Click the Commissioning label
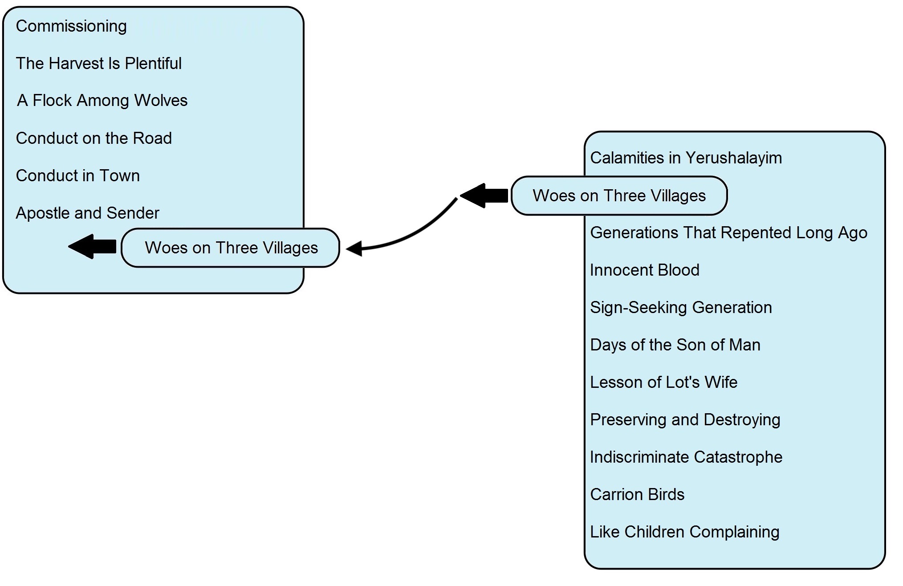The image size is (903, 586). point(71,26)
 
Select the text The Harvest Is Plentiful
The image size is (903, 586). point(99,63)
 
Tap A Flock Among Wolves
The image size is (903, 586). point(102,101)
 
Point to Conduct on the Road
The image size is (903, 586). point(94,138)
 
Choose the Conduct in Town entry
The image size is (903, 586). point(78,175)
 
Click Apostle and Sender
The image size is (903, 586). point(88,213)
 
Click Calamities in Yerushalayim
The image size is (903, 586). point(686,158)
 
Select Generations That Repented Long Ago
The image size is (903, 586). point(729,233)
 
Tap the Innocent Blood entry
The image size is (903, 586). point(645,270)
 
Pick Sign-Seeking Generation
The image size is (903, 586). point(681,308)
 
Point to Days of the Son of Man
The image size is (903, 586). point(675,345)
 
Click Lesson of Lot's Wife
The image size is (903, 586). point(664,382)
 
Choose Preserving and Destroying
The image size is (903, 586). point(685,420)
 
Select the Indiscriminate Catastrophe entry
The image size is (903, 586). point(686,457)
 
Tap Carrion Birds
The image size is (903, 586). point(637,494)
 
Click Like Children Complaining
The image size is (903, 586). point(685,532)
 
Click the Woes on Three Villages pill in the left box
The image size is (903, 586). point(231,248)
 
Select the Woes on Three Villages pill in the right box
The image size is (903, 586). point(619,196)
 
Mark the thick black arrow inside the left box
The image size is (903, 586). point(92,246)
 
